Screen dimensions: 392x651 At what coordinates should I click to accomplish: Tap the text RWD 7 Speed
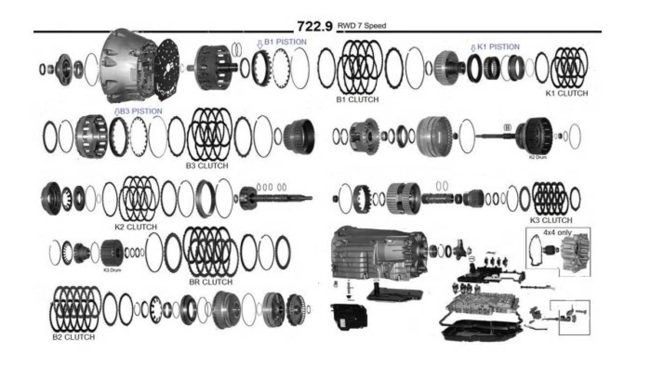pyautogui.click(x=362, y=25)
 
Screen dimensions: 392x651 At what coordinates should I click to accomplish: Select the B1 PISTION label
pyautogui.click(x=285, y=42)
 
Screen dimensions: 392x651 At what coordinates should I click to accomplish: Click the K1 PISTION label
pyautogui.click(x=498, y=47)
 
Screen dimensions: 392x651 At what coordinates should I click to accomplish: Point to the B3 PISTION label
pyautogui.click(x=141, y=111)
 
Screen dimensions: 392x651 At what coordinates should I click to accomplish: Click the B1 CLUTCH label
pyautogui.click(x=357, y=99)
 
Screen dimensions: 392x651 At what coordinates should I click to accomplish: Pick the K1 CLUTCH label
pyautogui.click(x=566, y=93)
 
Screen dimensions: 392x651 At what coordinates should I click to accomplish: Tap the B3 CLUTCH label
pyautogui.click(x=207, y=166)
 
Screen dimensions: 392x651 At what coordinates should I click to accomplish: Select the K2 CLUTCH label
pyautogui.click(x=135, y=227)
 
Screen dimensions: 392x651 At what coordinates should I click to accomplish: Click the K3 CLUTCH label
pyautogui.click(x=551, y=220)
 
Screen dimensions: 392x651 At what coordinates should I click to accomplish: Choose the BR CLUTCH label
pyautogui.click(x=210, y=282)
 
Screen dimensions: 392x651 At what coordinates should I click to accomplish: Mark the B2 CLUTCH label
pyautogui.click(x=74, y=337)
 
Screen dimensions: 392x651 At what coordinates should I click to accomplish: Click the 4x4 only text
pyautogui.click(x=557, y=232)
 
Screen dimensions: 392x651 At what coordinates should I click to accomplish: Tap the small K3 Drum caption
pyautogui.click(x=112, y=270)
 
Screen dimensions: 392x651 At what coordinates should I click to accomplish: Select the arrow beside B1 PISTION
pyautogui.click(x=260, y=44)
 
